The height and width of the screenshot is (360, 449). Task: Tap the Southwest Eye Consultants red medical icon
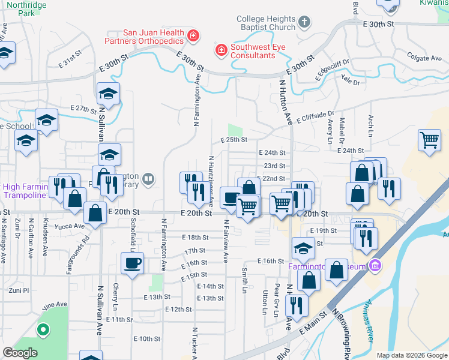point(221,48)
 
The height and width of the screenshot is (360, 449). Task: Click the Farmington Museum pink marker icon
point(375,264)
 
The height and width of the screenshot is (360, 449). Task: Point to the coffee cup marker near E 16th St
point(132,262)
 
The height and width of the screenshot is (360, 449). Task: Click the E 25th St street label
point(234,140)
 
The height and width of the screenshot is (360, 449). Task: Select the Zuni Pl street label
point(17,290)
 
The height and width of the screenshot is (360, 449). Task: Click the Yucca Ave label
point(71,226)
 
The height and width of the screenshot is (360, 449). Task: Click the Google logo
point(20,353)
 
